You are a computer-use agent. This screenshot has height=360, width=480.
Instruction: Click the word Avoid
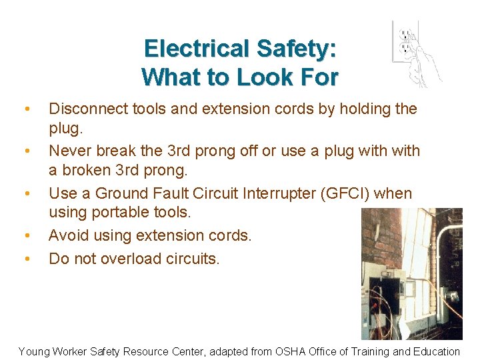69,235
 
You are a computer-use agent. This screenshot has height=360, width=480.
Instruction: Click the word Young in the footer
33,351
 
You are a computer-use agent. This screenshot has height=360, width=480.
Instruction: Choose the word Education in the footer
435,351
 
